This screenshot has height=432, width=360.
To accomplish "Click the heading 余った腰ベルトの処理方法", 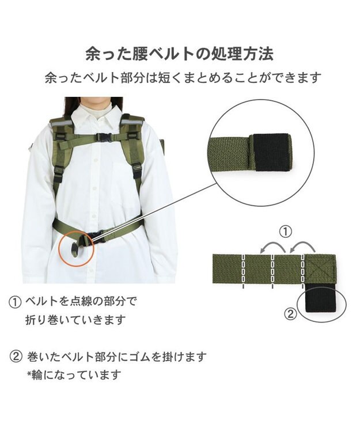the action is click(x=180, y=54).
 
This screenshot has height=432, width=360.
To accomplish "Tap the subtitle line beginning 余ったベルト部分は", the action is click(x=183, y=78).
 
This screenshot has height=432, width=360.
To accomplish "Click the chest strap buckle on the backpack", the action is click(x=104, y=137).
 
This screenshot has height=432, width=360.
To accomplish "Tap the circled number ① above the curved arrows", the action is click(x=286, y=232).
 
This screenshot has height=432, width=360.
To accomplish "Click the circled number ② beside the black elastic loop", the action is click(x=291, y=314).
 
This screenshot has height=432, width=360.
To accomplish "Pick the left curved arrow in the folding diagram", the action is click(x=273, y=245).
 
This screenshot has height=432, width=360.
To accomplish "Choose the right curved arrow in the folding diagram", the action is click(x=302, y=245).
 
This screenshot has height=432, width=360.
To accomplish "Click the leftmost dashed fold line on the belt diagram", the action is click(x=244, y=271).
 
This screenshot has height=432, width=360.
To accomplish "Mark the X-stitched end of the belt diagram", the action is click(x=320, y=269).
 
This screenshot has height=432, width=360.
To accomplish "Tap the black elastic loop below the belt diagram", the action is click(x=321, y=299).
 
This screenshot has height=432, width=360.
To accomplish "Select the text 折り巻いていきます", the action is click(x=75, y=320).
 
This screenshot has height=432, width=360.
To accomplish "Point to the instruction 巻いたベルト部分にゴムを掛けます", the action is click(x=117, y=357).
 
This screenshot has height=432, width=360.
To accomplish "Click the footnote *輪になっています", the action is click(x=74, y=375).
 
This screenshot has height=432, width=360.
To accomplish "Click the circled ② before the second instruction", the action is click(x=16, y=357).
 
